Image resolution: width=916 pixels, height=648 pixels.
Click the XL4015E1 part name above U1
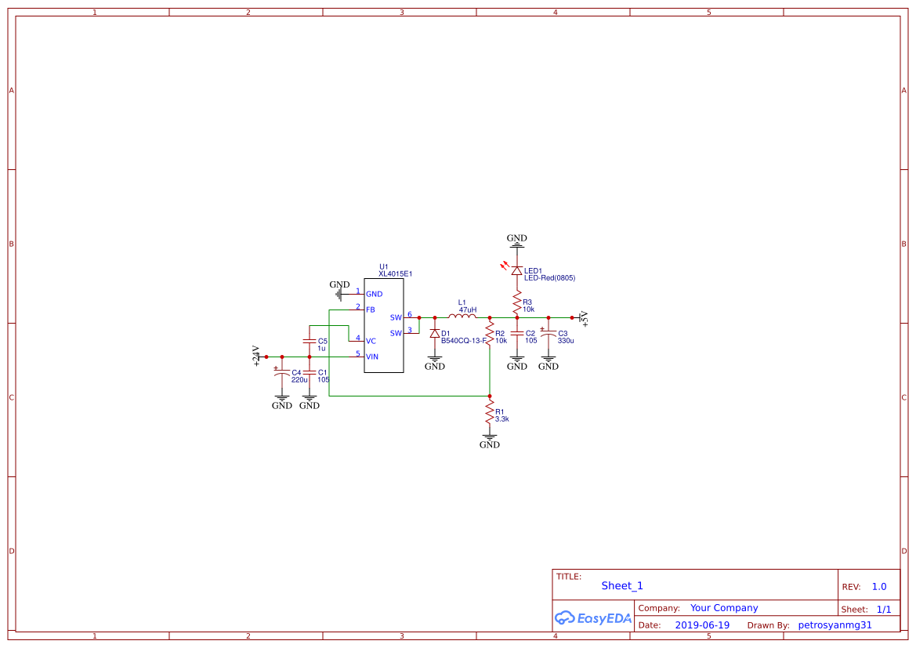coord(395,274)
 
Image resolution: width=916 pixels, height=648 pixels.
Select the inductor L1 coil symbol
coord(462,317)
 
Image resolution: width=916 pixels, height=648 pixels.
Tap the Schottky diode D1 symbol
coord(435,334)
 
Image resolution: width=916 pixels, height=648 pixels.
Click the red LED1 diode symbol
coord(516,270)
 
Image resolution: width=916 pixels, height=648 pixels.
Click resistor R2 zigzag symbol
coord(489,335)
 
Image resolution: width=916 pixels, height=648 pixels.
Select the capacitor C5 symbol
coord(310,342)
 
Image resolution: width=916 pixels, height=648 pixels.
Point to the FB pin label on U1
coord(371,310)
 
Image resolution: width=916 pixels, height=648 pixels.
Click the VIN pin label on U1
coord(372,357)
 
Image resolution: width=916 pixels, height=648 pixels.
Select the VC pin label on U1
coord(371,341)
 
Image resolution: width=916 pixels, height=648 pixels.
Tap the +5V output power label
coord(584,317)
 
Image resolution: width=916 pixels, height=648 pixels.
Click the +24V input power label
coord(256,356)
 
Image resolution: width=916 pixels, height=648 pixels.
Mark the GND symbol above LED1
coord(516,240)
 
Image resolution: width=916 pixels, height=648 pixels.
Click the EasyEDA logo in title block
coord(592,617)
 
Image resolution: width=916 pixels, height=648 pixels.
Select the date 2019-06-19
coord(702,625)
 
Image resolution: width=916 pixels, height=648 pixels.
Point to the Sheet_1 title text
coord(622,585)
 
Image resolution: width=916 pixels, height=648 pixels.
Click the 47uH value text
coord(467,310)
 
